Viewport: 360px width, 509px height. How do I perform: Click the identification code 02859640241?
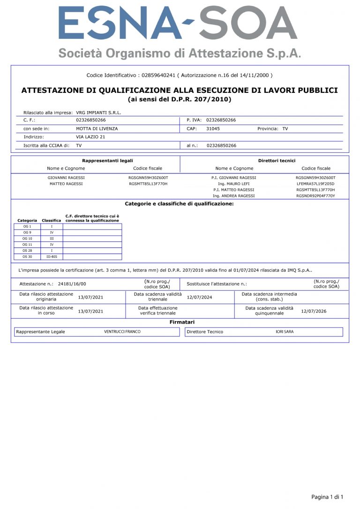pyautogui.click(x=158, y=75)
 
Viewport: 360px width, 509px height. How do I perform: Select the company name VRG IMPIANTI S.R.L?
pyautogui.click(x=98, y=112)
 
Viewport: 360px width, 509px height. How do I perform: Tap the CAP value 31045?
pyautogui.click(x=213, y=128)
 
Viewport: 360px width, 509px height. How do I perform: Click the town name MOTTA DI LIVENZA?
pyautogui.click(x=97, y=128)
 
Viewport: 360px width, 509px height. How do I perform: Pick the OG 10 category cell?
pyautogui.click(x=27, y=239)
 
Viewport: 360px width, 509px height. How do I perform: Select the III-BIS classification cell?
pyautogui.click(x=52, y=257)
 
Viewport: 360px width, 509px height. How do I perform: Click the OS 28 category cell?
pyautogui.click(x=27, y=251)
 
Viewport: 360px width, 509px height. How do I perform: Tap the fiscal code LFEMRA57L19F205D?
pyautogui.click(x=315, y=184)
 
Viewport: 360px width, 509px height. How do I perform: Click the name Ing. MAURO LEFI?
pyautogui.click(x=233, y=184)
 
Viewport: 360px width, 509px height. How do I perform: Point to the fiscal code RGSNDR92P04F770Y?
pyautogui.click(x=315, y=196)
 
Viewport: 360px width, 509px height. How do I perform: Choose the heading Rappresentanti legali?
pyautogui.click(x=107, y=161)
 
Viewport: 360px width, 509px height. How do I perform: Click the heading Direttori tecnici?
pyautogui.click(x=277, y=161)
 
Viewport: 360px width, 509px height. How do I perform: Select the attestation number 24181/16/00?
pyautogui.click(x=72, y=284)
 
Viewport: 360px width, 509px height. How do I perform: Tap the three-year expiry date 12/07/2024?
pyautogui.click(x=199, y=297)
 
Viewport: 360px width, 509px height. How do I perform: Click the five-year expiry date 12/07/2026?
pyautogui.click(x=314, y=311)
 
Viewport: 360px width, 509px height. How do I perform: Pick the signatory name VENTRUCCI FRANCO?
pyautogui.click(x=122, y=332)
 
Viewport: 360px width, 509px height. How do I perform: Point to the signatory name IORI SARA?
pyautogui.click(x=285, y=332)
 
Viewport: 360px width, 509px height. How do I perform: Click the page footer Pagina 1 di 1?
pyautogui.click(x=327, y=497)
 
